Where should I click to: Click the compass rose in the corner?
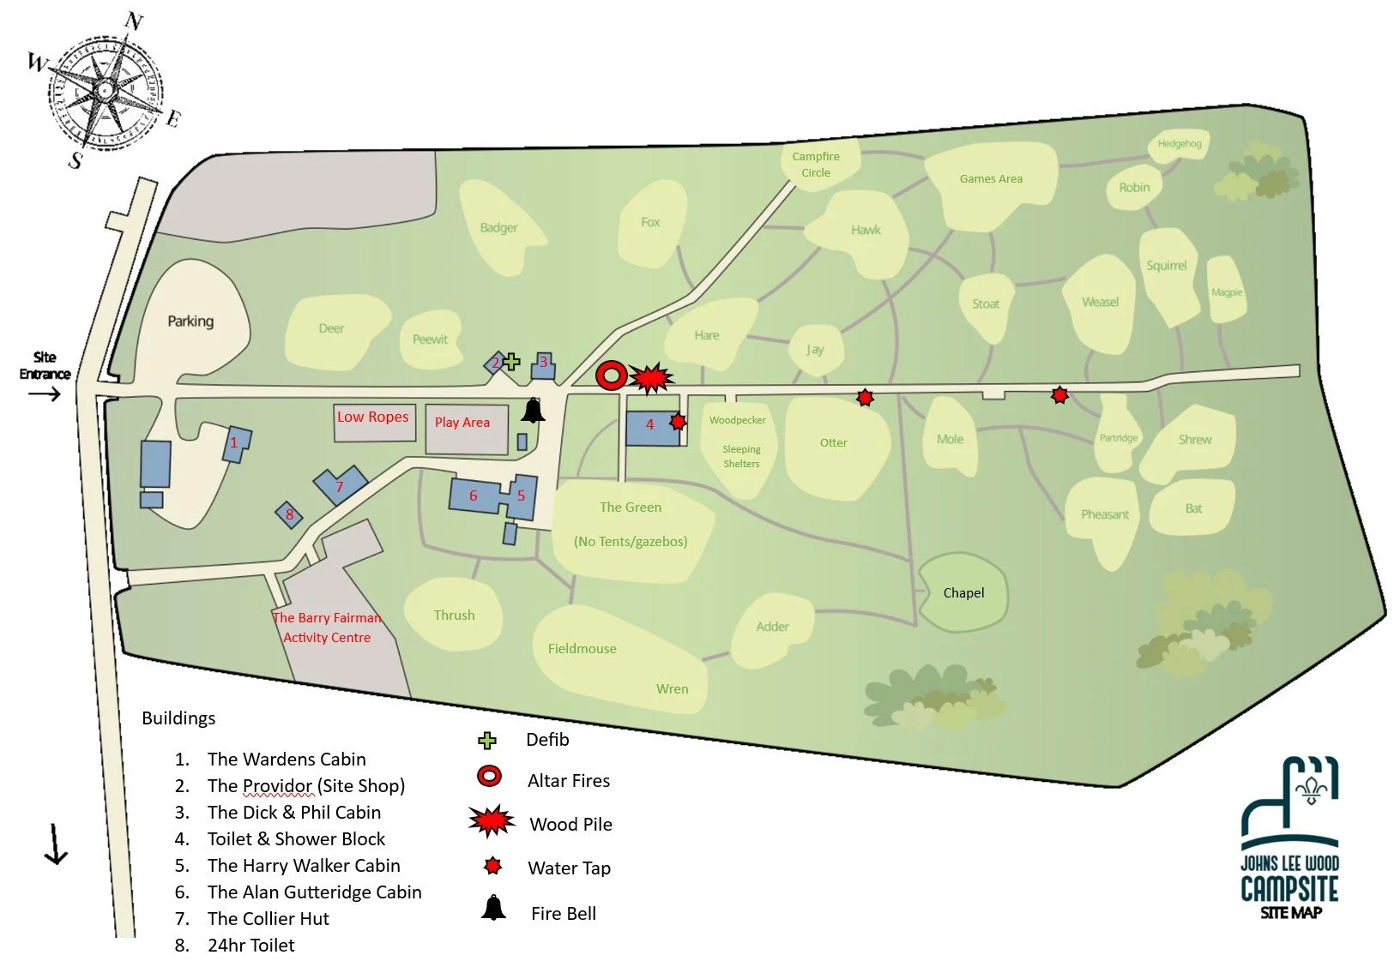(105, 90)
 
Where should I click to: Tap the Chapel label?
(963, 592)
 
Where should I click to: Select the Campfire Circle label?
(816, 164)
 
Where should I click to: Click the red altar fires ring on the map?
(611, 375)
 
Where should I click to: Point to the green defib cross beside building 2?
(511, 362)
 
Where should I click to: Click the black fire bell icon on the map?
(533, 411)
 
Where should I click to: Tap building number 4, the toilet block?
(650, 425)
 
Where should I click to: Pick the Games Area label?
(991, 178)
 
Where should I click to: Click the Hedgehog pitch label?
(1180, 143)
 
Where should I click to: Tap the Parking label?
(190, 321)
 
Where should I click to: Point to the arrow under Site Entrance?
(45, 394)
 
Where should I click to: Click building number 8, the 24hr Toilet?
(289, 514)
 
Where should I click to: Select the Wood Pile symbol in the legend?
(492, 821)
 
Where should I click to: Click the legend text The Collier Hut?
(268, 918)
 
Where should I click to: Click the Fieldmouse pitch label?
(582, 649)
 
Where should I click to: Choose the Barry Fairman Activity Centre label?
(328, 628)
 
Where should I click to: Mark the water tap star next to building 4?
(678, 421)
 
